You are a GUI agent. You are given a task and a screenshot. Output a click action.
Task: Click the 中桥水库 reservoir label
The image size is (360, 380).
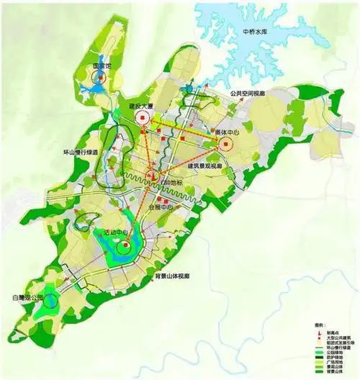pyautogui.click(x=254, y=31)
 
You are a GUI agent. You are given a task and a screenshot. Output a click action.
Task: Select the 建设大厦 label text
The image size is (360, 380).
pyautogui.click(x=142, y=106)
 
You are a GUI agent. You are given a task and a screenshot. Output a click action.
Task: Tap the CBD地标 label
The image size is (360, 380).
pyautogui.click(x=162, y=183)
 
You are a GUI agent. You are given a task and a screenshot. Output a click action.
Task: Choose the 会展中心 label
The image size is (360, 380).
pyautogui.click(x=163, y=206)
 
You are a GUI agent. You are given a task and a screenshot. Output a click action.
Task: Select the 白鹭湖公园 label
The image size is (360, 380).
pyautogui.click(x=28, y=297)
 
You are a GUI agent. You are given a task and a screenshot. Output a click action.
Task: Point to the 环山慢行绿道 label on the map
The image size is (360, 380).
pyautogui.click(x=78, y=153)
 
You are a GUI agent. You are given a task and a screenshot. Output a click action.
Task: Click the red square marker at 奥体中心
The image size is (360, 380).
pyautogui.click(x=227, y=145)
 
